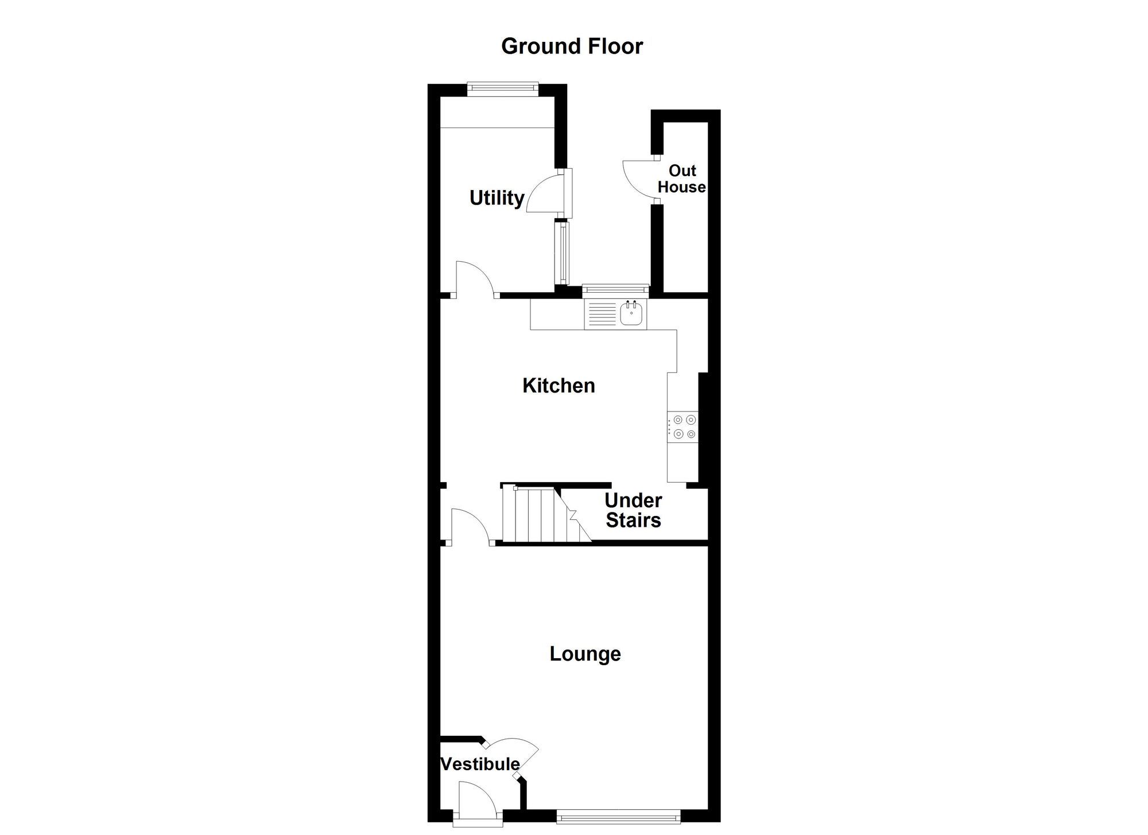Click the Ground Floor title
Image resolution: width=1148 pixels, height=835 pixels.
pos(572,46)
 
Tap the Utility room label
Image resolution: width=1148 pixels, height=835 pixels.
pos(497,198)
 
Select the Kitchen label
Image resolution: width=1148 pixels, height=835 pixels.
pos(559,386)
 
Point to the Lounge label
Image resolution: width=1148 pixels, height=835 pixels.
pos(585,654)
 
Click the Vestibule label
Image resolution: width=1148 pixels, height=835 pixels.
pos(480,764)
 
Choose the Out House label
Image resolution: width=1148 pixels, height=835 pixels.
pos(682,178)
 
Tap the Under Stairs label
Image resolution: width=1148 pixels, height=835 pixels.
pos(633,510)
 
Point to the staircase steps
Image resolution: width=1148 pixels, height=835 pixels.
pos(537,514)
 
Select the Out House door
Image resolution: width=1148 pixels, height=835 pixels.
pos(639,179)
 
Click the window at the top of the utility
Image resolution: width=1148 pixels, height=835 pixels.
pos(502,87)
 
